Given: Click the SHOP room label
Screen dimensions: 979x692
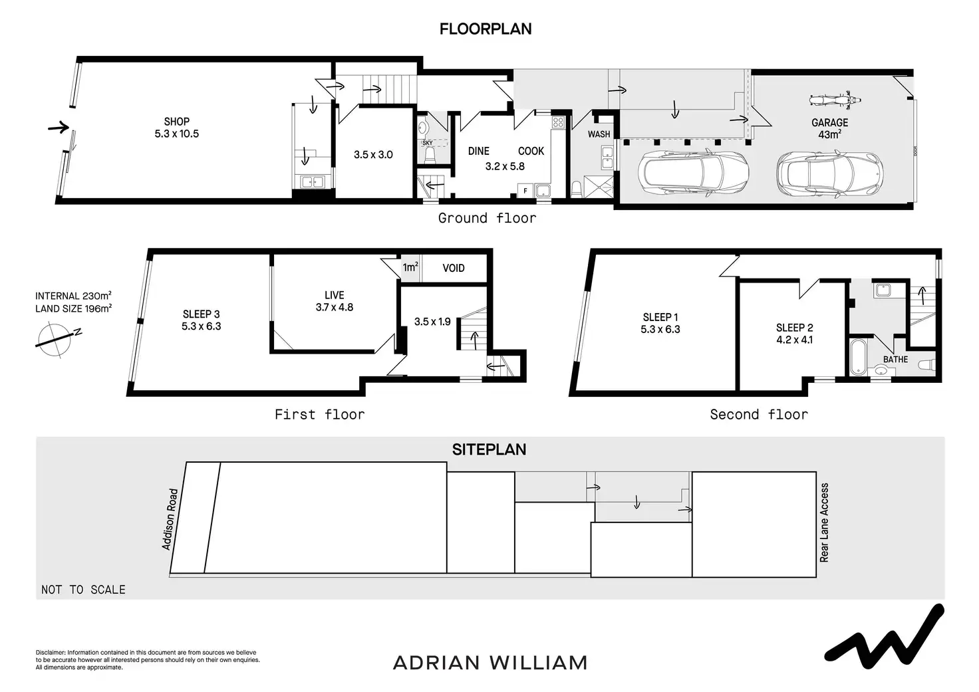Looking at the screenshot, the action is point(176,127).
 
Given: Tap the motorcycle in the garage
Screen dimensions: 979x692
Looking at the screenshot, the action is point(835,100).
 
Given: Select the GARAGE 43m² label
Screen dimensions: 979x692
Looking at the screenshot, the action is point(829,128).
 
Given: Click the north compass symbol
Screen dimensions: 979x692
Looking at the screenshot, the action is point(57,338).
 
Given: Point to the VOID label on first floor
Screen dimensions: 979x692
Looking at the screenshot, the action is point(454,268).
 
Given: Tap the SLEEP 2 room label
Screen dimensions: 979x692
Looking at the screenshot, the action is point(794,333).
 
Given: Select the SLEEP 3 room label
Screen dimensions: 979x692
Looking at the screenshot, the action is point(201,320).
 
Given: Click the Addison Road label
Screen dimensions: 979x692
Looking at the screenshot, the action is point(170,519).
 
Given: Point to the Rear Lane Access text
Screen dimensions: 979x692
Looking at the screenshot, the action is point(825,522).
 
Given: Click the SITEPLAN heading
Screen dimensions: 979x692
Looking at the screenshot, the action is point(489,449).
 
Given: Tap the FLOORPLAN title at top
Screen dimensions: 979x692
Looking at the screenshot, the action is point(486,29).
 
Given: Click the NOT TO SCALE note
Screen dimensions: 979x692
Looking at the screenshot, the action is point(83,590).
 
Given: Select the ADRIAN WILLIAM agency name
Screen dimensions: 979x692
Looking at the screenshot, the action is point(490,663).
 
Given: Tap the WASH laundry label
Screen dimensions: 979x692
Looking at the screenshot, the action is point(599,134).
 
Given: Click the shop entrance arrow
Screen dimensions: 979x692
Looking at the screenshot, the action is point(59,127).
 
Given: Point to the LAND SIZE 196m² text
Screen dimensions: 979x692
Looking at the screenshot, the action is point(73,308).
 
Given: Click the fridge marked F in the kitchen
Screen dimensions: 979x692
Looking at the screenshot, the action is point(525,191).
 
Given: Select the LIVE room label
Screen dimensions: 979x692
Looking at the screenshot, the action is point(334,300).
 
